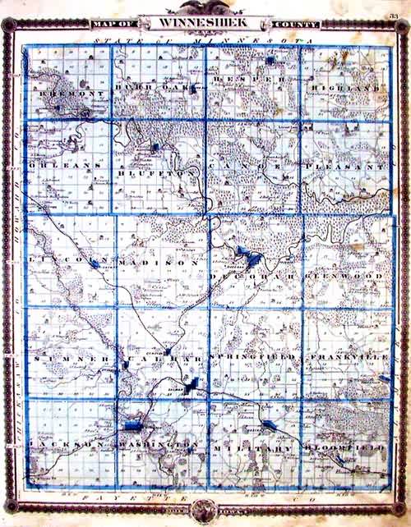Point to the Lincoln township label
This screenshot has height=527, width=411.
point(64,260)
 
